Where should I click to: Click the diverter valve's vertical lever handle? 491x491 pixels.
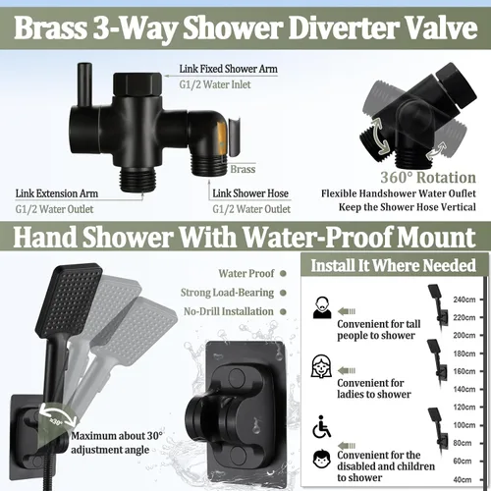click(84, 85)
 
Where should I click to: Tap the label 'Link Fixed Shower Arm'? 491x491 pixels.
click(228, 69)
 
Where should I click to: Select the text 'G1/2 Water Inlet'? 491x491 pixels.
click(215, 84)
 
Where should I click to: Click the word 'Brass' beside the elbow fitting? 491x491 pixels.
click(243, 169)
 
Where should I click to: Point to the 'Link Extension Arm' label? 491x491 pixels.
click(57, 193)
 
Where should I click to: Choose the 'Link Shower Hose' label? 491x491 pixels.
click(250, 193)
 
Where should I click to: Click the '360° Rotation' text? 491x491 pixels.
click(428, 178)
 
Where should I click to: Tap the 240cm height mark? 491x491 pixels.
click(464, 300)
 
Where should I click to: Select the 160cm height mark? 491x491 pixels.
click(464, 371)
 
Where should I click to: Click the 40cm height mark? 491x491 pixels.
click(463, 479)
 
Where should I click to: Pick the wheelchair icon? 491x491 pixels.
click(321, 426)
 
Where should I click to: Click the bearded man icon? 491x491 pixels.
click(322, 307)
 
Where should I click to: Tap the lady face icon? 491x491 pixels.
click(321, 366)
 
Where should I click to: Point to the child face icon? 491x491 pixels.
click(322, 459)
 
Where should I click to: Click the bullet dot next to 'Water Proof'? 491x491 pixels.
click(283, 273)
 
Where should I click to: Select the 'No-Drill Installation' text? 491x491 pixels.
click(229, 311)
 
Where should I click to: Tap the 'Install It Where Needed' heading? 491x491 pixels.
click(393, 265)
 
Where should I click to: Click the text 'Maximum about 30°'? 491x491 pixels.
click(117, 436)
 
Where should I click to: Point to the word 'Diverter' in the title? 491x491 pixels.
click(342, 28)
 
